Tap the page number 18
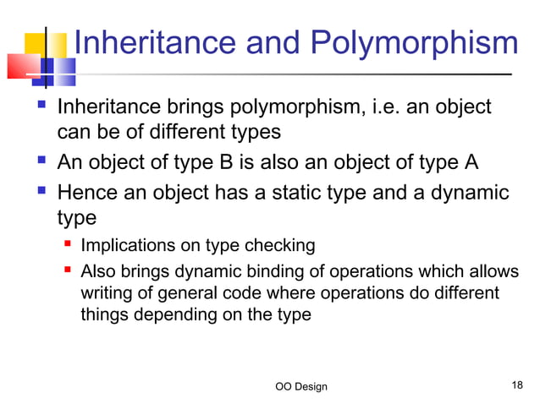tap(518, 385)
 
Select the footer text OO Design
tap(301, 386)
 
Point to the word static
tap(288, 192)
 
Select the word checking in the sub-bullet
tap(286, 246)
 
